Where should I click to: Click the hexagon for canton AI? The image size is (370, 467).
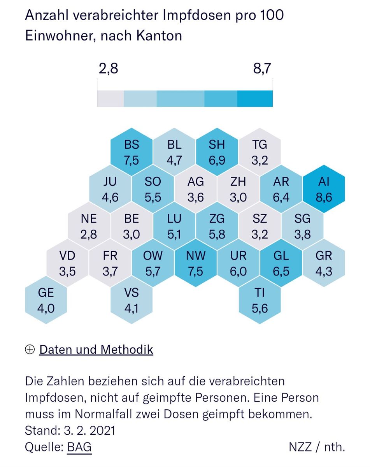[324, 190]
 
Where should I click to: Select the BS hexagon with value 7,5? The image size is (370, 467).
[132, 152]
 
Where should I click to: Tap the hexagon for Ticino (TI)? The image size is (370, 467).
[260, 300]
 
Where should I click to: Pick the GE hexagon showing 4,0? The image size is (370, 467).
[46, 300]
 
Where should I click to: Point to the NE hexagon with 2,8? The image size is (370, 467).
[89, 226]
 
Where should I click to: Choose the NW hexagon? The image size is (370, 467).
[195, 263]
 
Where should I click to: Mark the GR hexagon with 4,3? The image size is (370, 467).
[324, 263]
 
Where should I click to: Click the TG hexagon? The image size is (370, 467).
[260, 152]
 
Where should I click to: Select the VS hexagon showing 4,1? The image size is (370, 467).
[132, 300]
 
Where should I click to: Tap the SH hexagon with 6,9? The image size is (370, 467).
[217, 152]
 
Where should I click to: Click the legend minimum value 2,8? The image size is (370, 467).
[108, 69]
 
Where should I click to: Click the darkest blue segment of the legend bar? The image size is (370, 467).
[255, 99]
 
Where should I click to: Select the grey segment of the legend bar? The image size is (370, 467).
[110, 99]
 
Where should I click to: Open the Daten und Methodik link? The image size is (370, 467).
[96, 349]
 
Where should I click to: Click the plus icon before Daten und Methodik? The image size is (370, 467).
[30, 350]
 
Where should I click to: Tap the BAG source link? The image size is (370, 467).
[79, 447]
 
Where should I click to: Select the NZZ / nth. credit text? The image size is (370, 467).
[317, 447]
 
